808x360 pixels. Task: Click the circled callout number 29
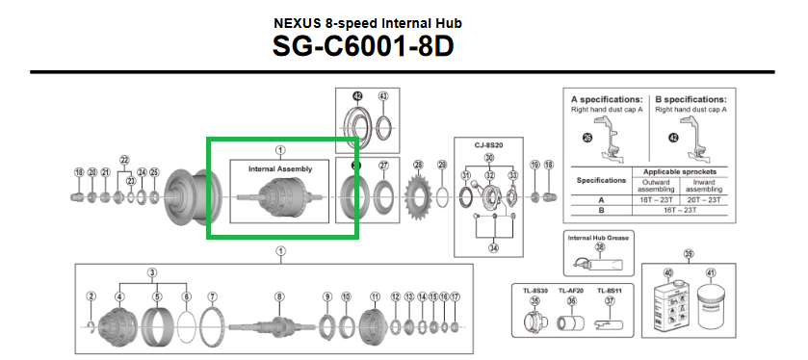[442, 166]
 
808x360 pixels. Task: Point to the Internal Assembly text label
[280, 168]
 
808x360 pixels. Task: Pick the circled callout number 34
[494, 247]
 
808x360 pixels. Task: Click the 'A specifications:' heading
[607, 99]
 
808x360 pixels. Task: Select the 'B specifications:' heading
[691, 99]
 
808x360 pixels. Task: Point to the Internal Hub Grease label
[600, 236]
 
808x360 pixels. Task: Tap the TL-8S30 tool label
[534, 289]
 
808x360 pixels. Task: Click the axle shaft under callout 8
[278, 324]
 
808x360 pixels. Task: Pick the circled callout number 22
[124, 160]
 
